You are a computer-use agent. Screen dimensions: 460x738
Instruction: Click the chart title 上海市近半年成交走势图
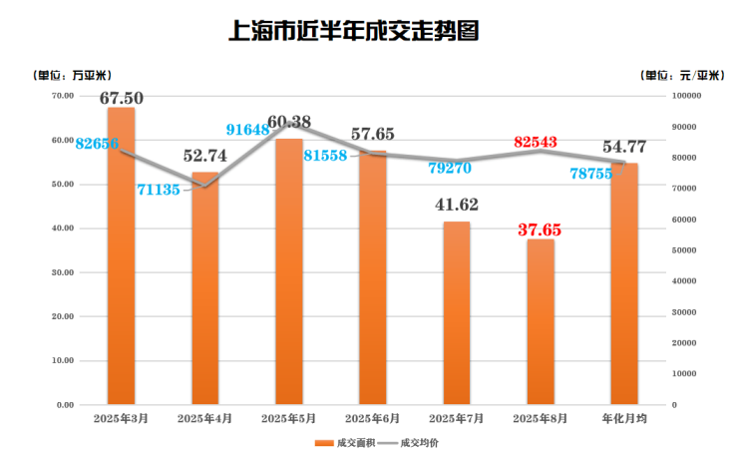point(355,31)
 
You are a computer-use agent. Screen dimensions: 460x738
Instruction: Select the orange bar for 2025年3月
point(121,259)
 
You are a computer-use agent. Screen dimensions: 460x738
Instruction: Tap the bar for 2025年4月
point(204,289)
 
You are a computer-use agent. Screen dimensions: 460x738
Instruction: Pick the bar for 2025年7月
point(457,314)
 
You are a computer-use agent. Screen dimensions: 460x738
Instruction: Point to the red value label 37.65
point(540,230)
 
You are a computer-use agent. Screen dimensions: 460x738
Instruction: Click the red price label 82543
point(542,144)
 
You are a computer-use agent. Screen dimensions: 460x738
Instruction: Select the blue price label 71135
point(158,189)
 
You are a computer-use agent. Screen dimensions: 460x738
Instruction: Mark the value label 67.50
point(122,98)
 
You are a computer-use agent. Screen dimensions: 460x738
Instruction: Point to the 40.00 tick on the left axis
point(62,229)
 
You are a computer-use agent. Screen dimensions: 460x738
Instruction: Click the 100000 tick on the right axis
point(688,96)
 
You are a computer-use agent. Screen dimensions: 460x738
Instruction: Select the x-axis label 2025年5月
point(288,420)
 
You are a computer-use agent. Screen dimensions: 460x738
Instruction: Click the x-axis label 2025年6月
point(372,420)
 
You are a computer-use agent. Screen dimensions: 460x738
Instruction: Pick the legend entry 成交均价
point(411,442)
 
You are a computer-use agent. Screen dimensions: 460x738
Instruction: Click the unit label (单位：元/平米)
point(682,75)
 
